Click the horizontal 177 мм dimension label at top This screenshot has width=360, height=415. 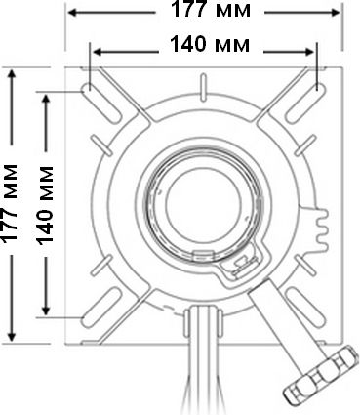click(211, 9)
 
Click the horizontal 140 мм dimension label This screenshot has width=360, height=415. click(210, 44)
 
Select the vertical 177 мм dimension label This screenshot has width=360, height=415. click(10, 203)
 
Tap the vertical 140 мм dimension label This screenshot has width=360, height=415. click(44, 205)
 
